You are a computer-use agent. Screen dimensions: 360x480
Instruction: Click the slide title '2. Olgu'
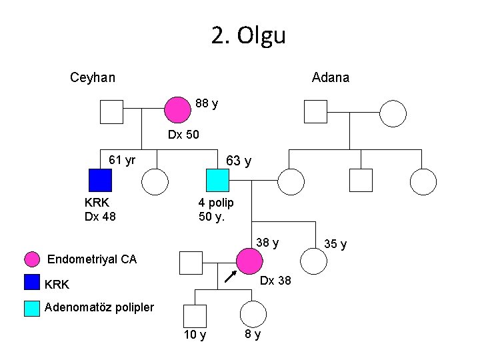pyautogui.click(x=248, y=35)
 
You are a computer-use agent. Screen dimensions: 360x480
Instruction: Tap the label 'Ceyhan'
pyautogui.click(x=93, y=77)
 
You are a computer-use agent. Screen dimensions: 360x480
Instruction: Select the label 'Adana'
pyautogui.click(x=331, y=77)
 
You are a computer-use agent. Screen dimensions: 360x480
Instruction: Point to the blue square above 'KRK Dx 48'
pyautogui.click(x=100, y=181)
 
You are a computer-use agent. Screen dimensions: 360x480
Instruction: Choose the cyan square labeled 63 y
pyautogui.click(x=217, y=181)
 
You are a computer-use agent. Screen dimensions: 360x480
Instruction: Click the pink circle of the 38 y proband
pyautogui.click(x=250, y=262)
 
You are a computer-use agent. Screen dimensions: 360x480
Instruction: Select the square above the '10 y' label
pyautogui.click(x=195, y=315)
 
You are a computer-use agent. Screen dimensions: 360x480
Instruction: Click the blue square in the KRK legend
pyautogui.click(x=32, y=283)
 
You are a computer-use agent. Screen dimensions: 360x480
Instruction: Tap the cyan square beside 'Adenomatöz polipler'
pyautogui.click(x=32, y=307)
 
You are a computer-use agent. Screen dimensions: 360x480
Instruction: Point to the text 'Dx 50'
pyautogui.click(x=183, y=135)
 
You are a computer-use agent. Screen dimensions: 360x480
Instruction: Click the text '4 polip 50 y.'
pyautogui.click(x=216, y=209)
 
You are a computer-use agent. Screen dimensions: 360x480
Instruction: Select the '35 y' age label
pyautogui.click(x=335, y=244)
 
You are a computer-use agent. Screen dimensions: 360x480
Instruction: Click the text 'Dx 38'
pyautogui.click(x=275, y=281)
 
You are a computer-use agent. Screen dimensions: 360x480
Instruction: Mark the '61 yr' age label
pyautogui.click(x=122, y=159)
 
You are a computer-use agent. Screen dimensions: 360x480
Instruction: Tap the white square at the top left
pyautogui.click(x=111, y=112)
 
